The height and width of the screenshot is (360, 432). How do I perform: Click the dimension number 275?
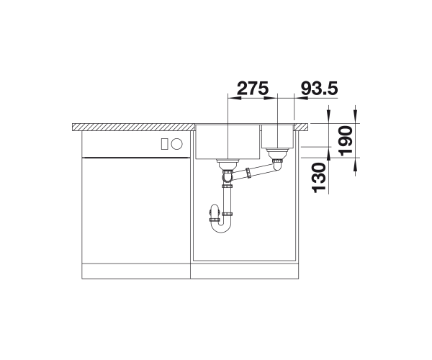(x=253, y=88)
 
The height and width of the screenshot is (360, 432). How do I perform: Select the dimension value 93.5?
(x=319, y=88)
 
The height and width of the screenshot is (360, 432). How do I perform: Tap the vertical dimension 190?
(x=346, y=140)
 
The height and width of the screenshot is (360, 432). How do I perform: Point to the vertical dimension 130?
(x=319, y=178)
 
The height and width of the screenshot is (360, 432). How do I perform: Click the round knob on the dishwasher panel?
(x=176, y=144)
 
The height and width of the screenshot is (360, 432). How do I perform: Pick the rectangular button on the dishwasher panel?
(x=164, y=144)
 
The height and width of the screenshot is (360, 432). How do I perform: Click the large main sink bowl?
(x=228, y=142)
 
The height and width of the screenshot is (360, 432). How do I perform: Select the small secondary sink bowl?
(x=278, y=137)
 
